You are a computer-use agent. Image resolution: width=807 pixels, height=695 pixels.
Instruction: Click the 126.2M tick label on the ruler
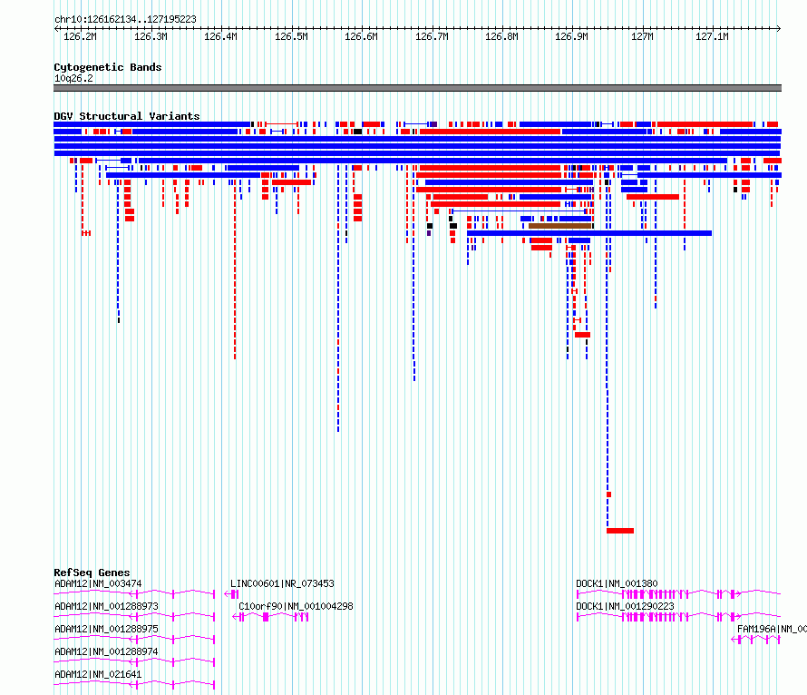point(80,36)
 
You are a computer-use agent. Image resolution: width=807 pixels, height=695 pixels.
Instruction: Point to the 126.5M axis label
point(291,36)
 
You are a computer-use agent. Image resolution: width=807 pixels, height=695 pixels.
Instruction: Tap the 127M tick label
point(642,36)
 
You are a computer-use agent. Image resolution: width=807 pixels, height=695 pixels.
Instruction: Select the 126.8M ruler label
point(501,36)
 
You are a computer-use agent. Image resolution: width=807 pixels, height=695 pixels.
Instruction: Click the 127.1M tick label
point(712,36)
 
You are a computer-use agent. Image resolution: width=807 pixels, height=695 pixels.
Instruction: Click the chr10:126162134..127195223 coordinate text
point(125,20)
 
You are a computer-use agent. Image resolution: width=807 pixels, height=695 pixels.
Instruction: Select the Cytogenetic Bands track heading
point(108,67)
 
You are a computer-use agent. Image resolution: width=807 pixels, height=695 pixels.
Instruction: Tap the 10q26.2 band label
point(73,78)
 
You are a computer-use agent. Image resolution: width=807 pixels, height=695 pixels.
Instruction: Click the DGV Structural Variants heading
point(127,116)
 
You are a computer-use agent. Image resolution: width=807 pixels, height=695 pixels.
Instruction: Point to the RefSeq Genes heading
point(92,573)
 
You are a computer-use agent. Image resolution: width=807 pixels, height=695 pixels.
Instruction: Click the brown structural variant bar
point(560,226)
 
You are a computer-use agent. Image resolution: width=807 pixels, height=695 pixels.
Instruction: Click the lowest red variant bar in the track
point(620,531)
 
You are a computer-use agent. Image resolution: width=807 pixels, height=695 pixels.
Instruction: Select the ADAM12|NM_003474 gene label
point(98,583)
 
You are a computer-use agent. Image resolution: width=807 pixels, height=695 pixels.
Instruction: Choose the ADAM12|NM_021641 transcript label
point(98,674)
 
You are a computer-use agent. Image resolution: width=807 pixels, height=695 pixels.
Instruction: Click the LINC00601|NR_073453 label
point(282,583)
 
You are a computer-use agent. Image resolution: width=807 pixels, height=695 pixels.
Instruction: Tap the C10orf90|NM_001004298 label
point(296,606)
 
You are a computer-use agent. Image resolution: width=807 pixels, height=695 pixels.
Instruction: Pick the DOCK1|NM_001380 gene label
point(617,583)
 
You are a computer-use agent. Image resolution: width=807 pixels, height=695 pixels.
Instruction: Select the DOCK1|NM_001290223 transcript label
point(625,606)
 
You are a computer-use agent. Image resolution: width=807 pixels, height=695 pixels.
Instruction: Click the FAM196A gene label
point(772,629)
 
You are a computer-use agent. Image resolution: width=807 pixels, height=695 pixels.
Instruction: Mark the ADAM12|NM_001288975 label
point(106,629)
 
